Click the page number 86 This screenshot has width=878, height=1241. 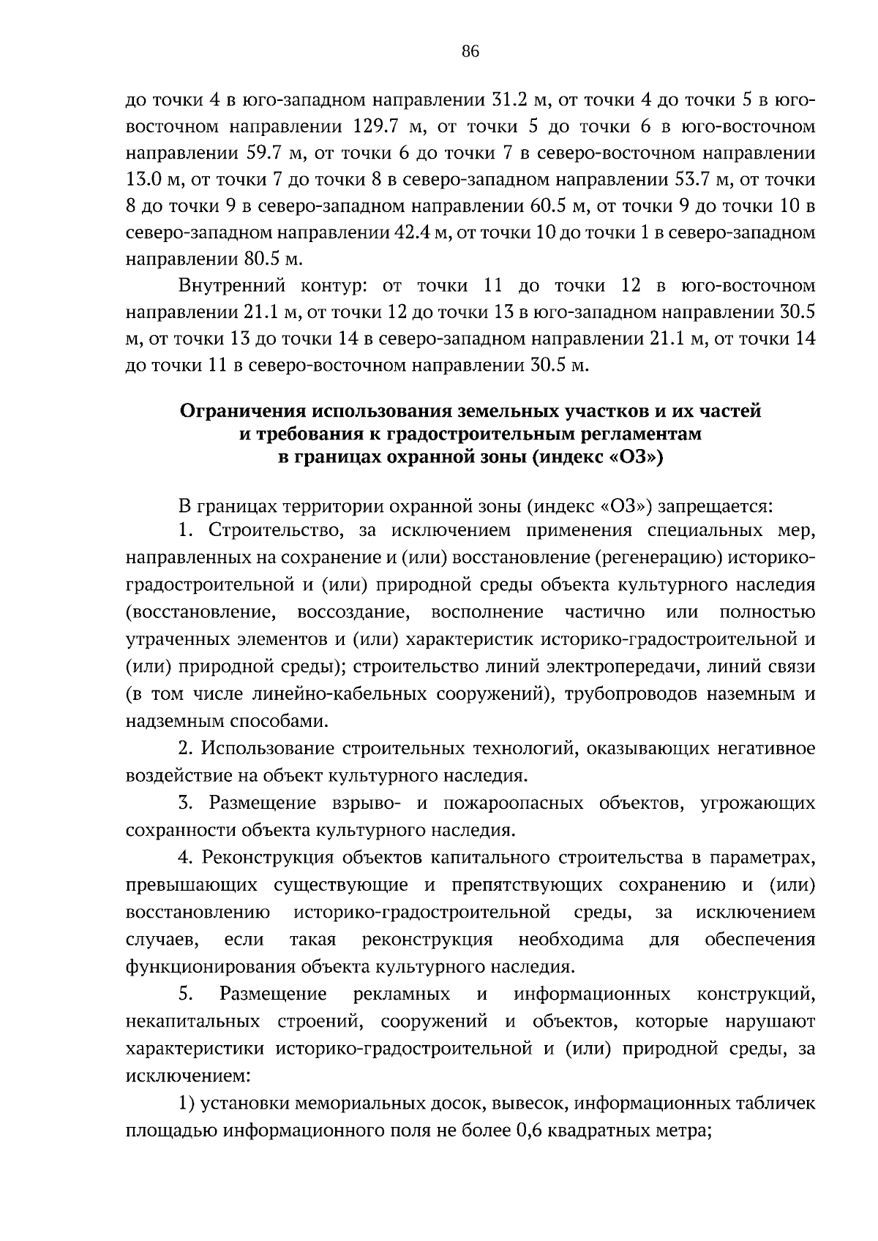pos(470,50)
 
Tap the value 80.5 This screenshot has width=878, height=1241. pos(264,260)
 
